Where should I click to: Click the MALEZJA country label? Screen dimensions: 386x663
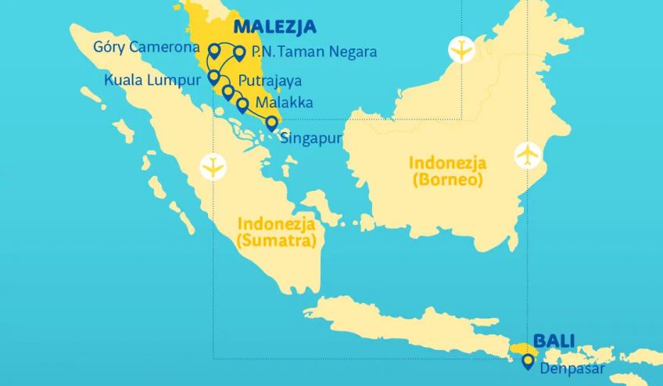click(x=274, y=27)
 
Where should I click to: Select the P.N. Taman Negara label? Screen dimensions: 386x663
click(x=314, y=52)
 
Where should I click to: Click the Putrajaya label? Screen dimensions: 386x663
click(x=270, y=80)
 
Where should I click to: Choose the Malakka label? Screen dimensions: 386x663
click(x=285, y=103)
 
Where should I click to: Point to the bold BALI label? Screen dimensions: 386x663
click(x=554, y=341)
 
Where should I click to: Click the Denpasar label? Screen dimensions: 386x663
click(x=572, y=367)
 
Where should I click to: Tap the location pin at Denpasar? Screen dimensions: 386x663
click(x=529, y=360)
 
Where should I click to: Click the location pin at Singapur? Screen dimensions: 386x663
click(x=271, y=122)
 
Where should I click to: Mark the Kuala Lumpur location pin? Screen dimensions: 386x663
click(x=213, y=77)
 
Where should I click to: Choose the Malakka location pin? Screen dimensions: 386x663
click(x=242, y=104)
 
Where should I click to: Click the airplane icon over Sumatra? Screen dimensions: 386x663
click(x=212, y=166)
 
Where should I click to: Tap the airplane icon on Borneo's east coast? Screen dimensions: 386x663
click(x=529, y=154)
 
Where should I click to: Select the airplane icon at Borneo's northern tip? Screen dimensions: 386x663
click(x=462, y=50)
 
